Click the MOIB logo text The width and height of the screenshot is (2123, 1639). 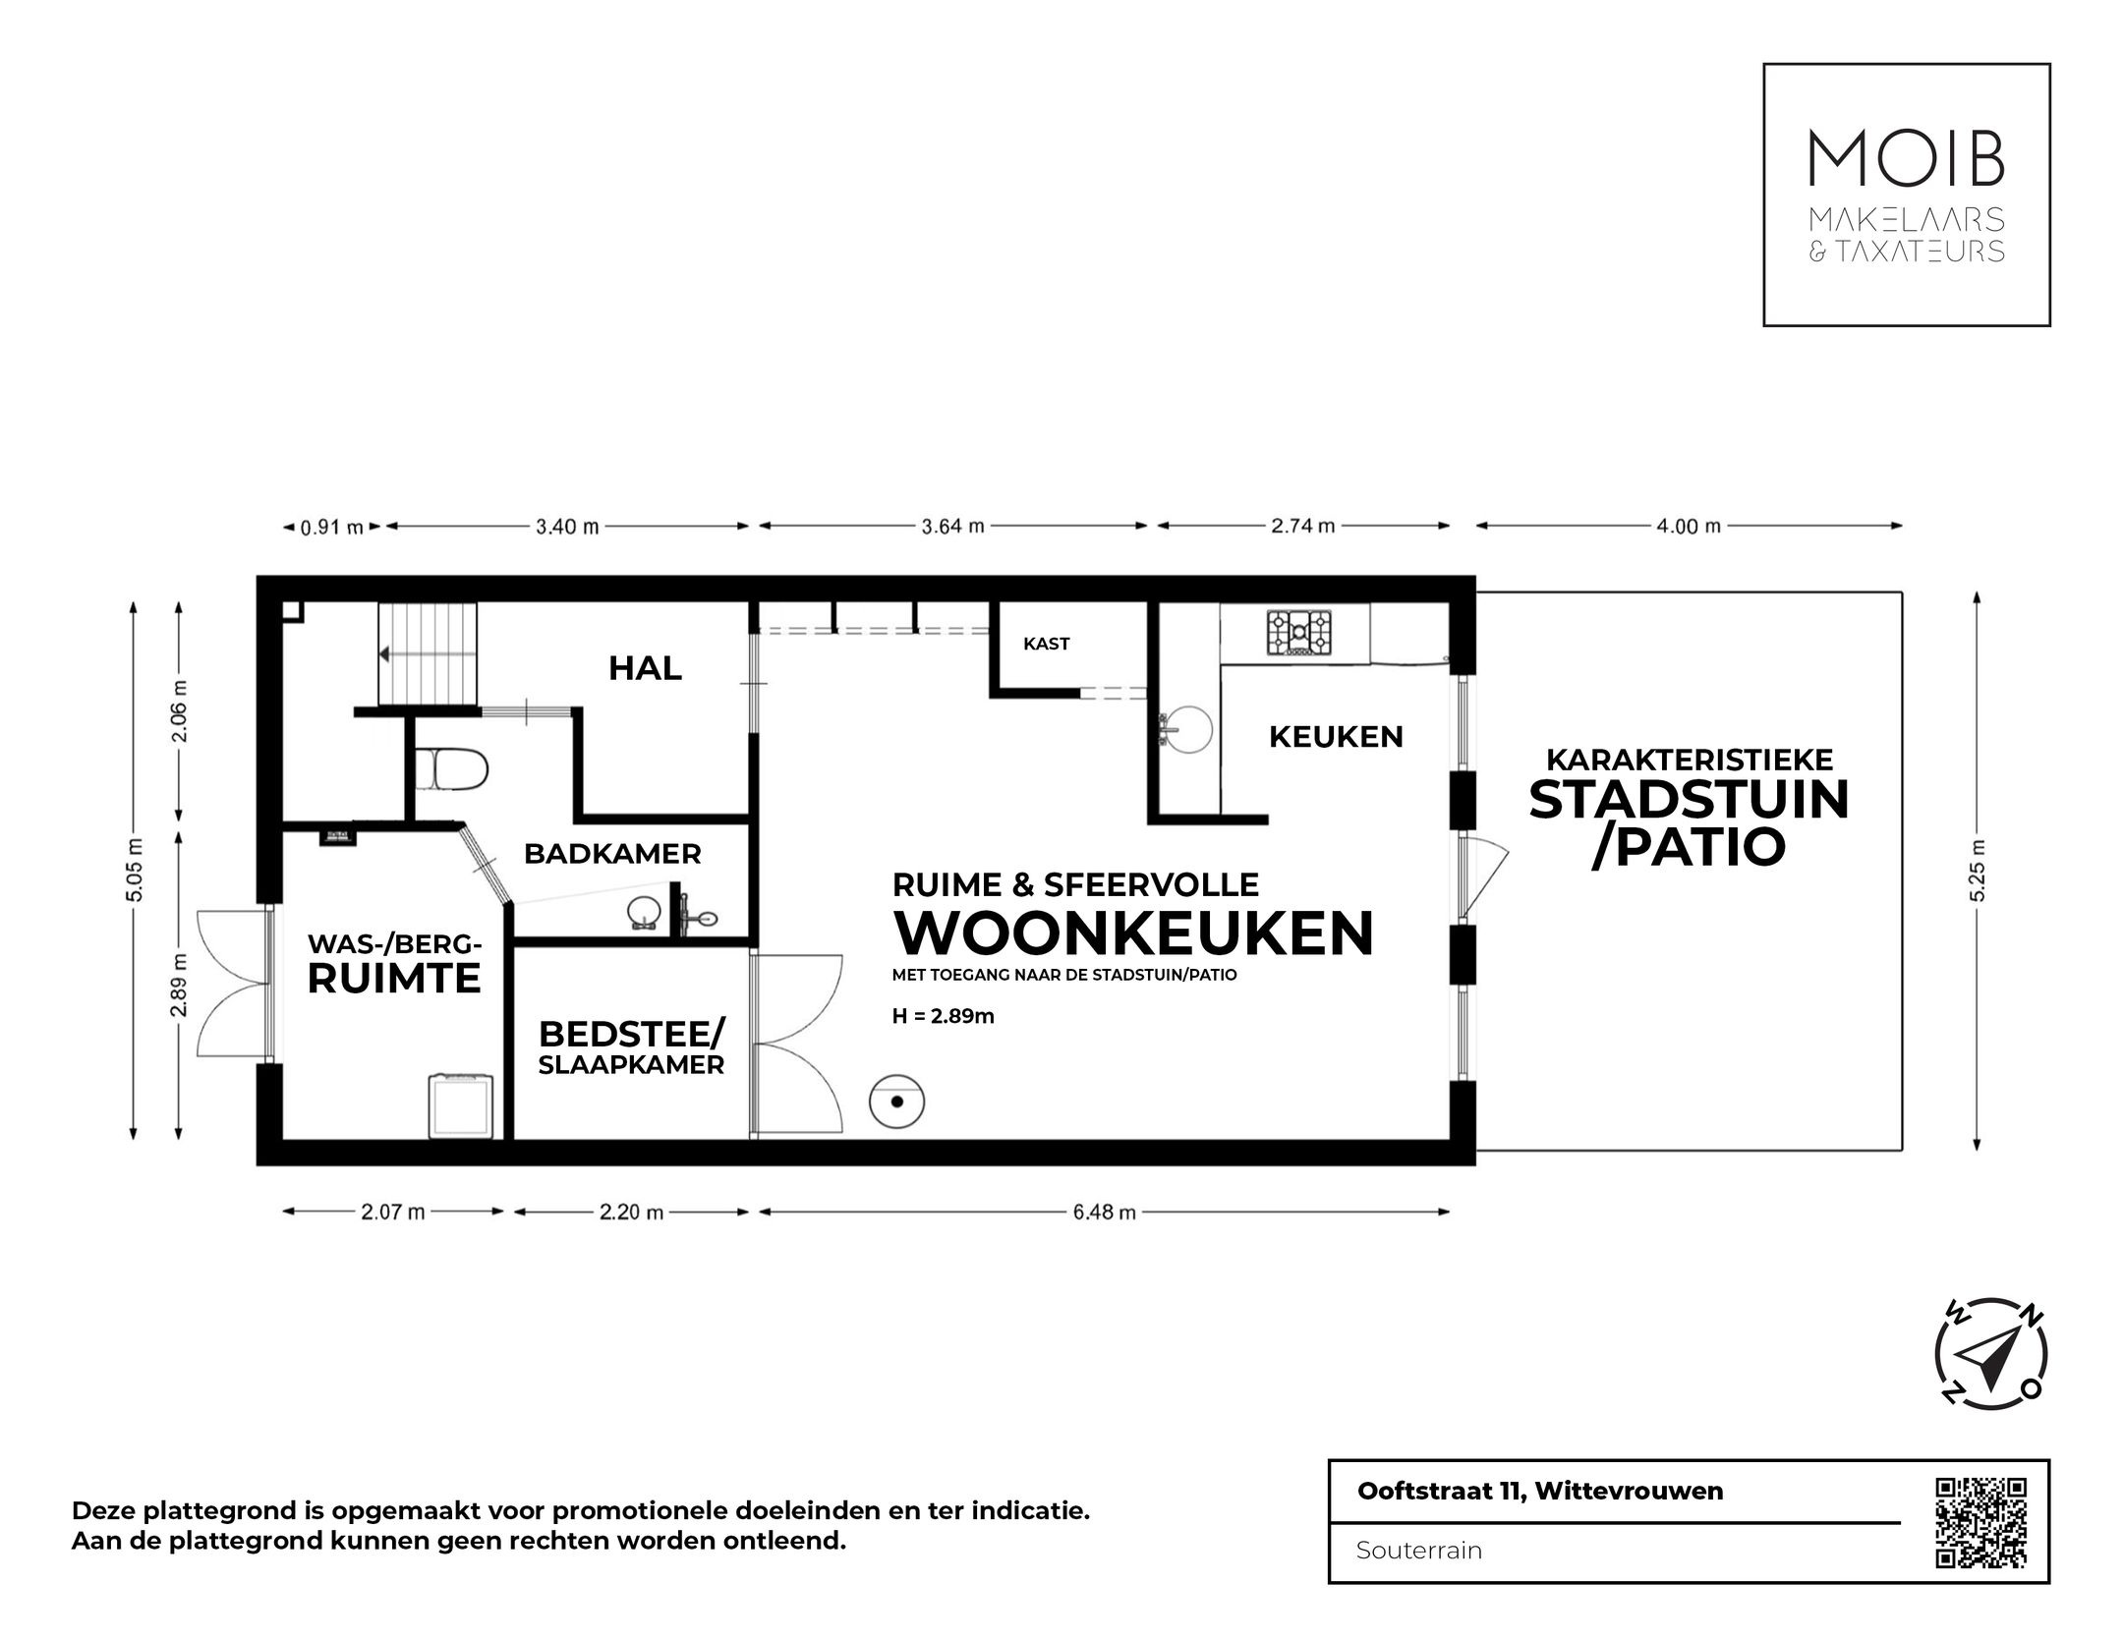(x=1906, y=158)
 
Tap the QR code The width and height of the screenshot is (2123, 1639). (x=1980, y=1550)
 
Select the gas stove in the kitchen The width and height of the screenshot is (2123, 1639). (x=1298, y=634)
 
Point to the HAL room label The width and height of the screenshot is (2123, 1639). (x=645, y=668)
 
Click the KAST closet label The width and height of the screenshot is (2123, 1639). (x=1046, y=644)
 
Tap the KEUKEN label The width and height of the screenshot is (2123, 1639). (x=1336, y=736)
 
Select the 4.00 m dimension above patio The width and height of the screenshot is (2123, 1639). (x=1688, y=527)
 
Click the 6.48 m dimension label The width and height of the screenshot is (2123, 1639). (x=1104, y=1213)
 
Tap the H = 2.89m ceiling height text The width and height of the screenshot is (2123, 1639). (x=943, y=1016)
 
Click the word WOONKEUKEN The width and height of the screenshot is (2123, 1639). (x=1132, y=933)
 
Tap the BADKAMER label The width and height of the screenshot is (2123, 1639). (x=612, y=854)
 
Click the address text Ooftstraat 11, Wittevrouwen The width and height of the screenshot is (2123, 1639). (x=1539, y=1491)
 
